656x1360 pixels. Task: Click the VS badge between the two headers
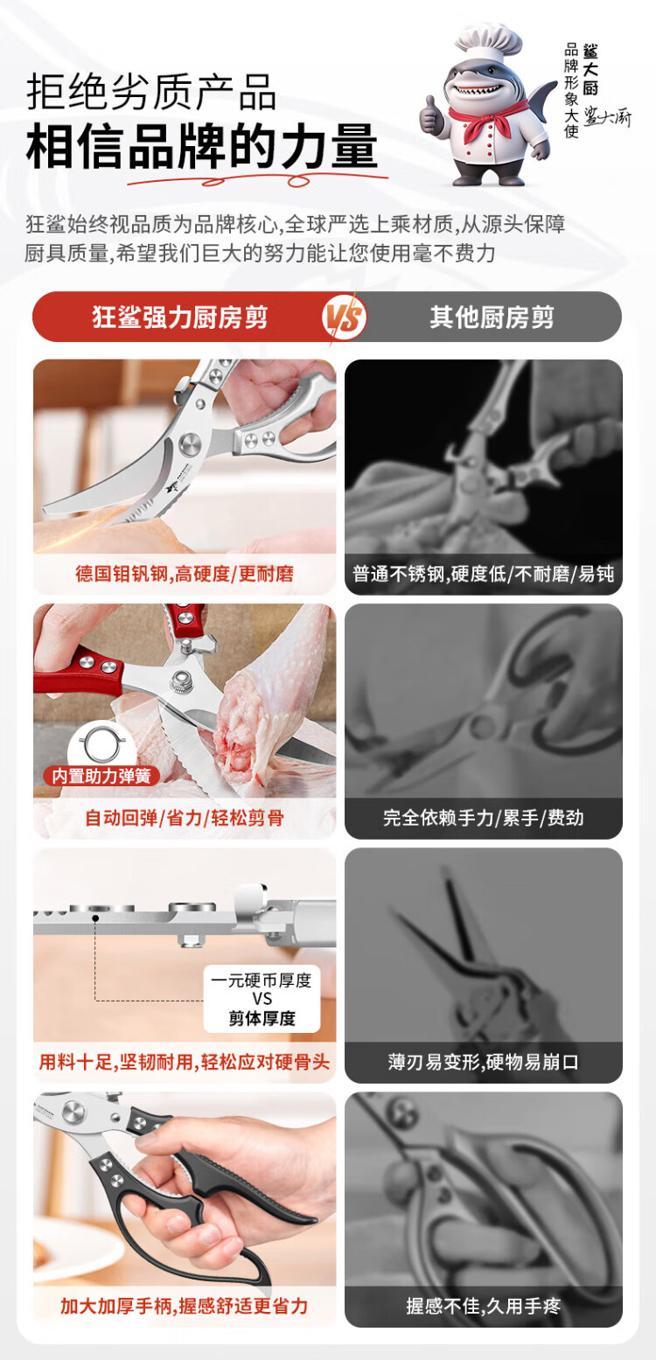(x=345, y=317)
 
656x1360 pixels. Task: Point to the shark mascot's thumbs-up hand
(x=430, y=115)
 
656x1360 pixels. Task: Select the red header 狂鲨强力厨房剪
(x=180, y=317)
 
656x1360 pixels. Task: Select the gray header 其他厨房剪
(x=492, y=317)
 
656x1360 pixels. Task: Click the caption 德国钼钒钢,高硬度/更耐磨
(x=185, y=574)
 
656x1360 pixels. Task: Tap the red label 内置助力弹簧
(x=101, y=776)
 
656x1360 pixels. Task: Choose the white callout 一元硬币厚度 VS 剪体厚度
(x=262, y=999)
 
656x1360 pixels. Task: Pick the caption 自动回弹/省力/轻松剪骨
(x=185, y=818)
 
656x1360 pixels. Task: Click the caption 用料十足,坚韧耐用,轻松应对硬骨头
(x=185, y=1062)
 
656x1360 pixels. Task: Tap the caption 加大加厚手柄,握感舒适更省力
(x=185, y=1306)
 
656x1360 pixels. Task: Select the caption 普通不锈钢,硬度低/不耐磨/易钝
(x=484, y=574)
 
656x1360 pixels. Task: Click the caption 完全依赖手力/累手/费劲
(x=484, y=818)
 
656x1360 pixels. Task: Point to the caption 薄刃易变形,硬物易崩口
(x=484, y=1062)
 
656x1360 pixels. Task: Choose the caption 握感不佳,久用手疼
(x=484, y=1306)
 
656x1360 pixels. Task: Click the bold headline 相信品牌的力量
(x=202, y=146)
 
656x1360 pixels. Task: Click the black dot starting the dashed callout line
(x=95, y=917)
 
